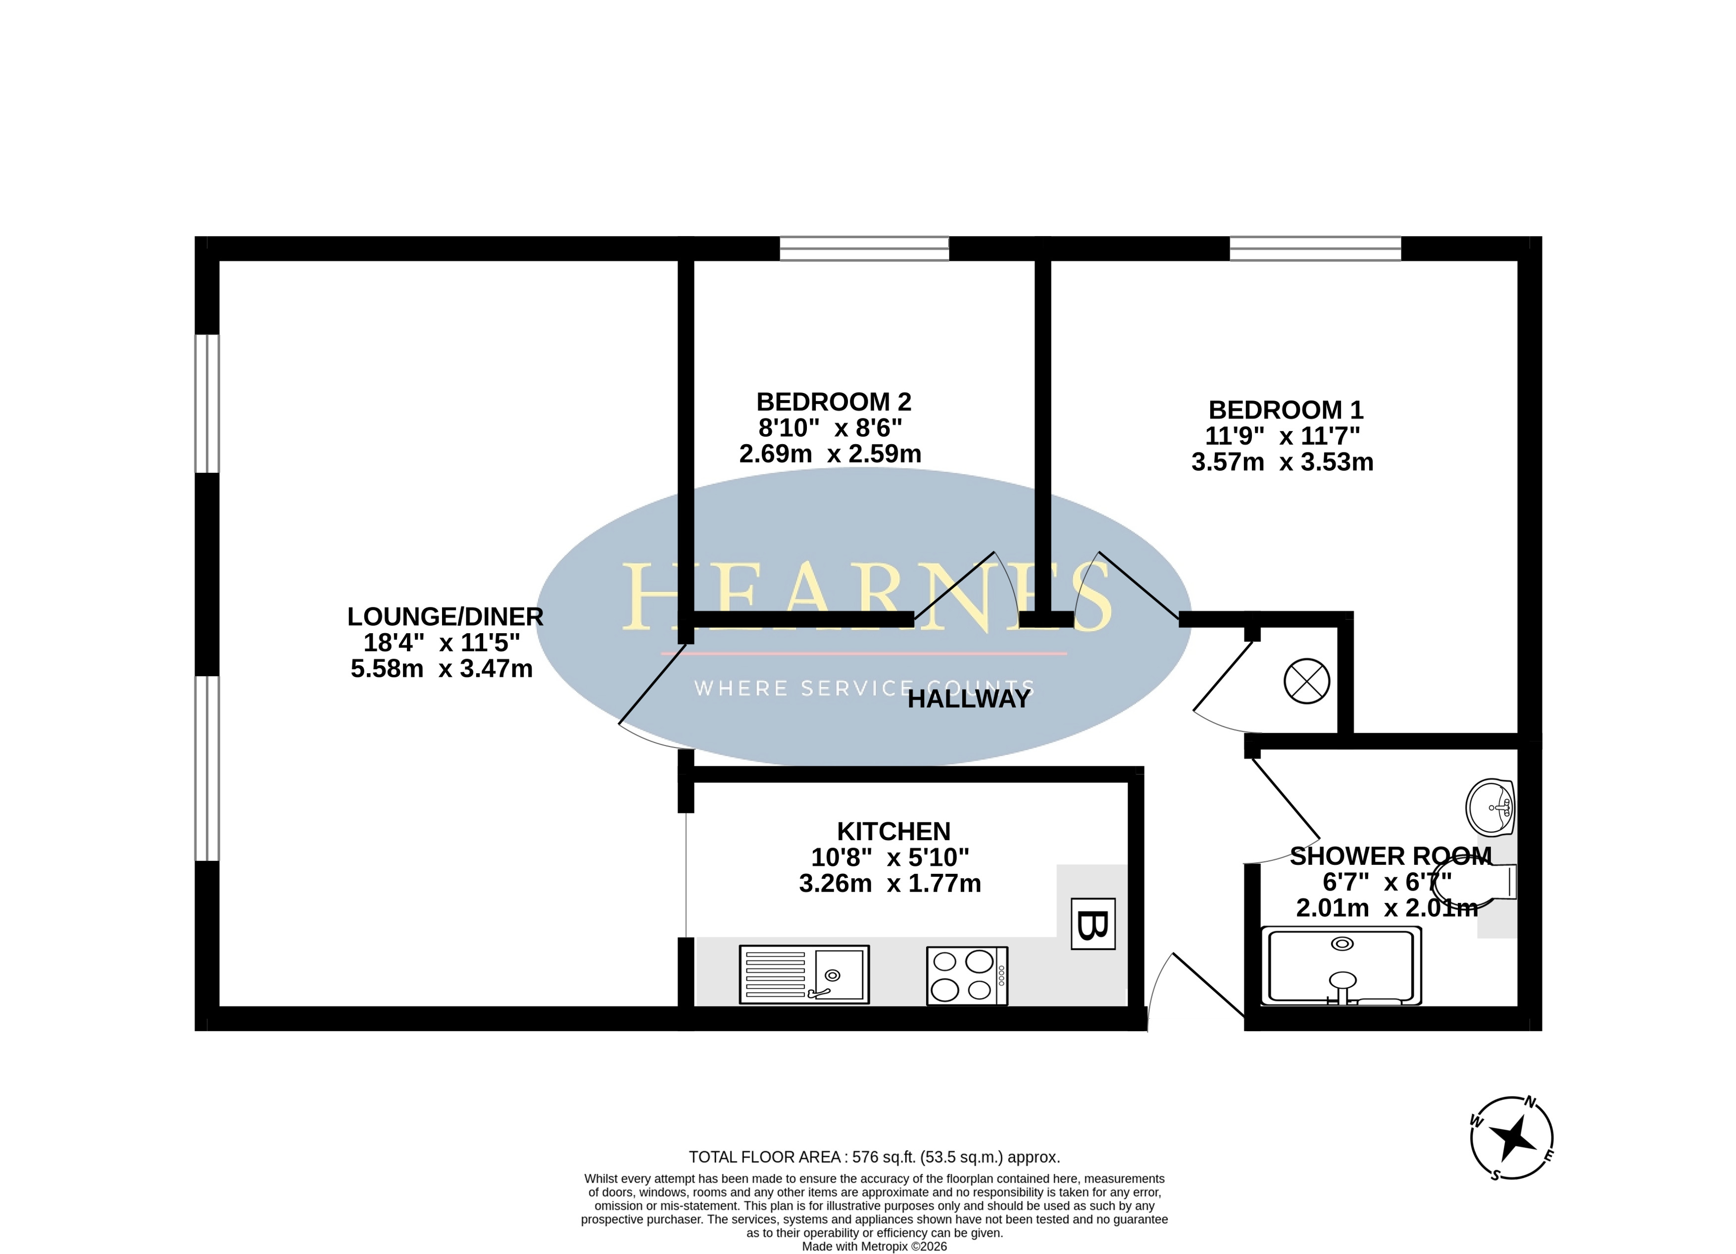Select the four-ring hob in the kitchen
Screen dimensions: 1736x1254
967,975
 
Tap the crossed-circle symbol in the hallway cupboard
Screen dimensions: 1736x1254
1307,681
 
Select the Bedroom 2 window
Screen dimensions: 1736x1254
864,249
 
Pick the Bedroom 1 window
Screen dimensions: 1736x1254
1315,249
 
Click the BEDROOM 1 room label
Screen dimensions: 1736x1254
1286,409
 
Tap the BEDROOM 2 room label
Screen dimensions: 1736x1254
834,402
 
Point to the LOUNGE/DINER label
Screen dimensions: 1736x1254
446,616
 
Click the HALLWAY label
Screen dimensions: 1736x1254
969,699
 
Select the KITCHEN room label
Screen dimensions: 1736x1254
894,831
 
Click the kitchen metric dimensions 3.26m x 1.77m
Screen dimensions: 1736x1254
890,884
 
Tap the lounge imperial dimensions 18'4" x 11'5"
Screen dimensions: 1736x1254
443,642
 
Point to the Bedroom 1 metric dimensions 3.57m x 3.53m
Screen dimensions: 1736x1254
1283,461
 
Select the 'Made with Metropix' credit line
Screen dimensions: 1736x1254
874,1247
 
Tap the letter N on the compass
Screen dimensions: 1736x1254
1530,1124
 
